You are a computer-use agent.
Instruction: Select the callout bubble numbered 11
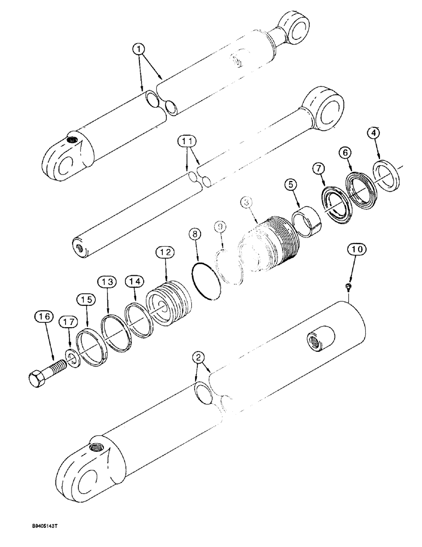click(x=188, y=143)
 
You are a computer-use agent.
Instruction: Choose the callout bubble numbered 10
click(x=357, y=251)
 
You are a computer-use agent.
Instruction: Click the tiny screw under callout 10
click(x=349, y=286)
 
